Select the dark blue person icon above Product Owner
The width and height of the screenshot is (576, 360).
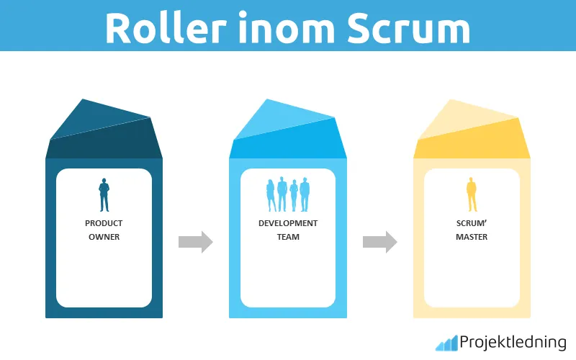pos(104,195)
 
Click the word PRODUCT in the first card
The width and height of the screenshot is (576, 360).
pos(104,223)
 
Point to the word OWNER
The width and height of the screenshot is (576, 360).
pos(104,237)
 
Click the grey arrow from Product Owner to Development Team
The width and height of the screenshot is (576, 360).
pos(196,242)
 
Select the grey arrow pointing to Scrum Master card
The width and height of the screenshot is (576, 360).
pos(380,242)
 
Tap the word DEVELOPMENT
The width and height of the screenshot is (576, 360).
pos(288,223)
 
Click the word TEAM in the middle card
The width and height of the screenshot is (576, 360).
pos(288,237)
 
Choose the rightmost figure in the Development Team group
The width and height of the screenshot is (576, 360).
pos(305,194)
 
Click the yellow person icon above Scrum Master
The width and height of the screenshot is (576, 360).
pos(472,195)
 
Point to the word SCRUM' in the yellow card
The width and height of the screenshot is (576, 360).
pos(472,223)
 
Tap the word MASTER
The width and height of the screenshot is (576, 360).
pos(472,237)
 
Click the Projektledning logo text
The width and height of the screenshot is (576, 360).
pos(513,342)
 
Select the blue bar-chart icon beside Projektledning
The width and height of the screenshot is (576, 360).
pos(446,343)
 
